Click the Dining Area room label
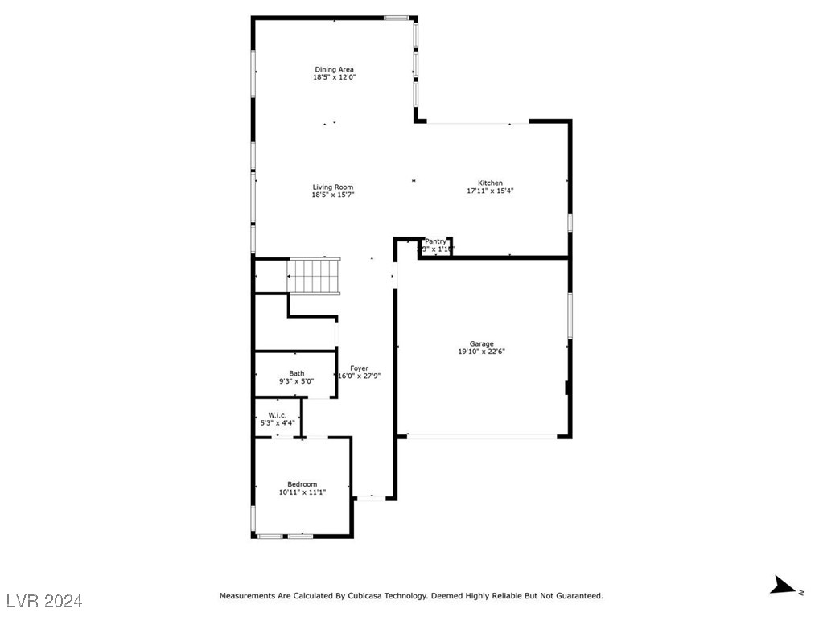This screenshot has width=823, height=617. coord(334,69)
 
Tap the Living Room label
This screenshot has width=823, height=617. coord(333,187)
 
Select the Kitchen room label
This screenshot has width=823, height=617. coord(490,183)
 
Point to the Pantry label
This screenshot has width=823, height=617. coord(435,241)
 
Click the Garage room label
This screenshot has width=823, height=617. coord(482,343)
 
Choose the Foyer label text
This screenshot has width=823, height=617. coord(359,368)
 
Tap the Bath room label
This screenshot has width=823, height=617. coord(297,373)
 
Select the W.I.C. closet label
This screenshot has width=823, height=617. coord(278,415)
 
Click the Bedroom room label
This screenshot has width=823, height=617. coord(302,484)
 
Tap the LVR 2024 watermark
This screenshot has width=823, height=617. coord(45,600)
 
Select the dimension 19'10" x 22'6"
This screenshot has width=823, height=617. coord(482,352)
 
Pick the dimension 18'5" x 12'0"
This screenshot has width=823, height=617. coord(334,77)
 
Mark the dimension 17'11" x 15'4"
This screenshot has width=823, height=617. coord(490,191)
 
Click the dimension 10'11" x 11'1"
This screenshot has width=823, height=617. coord(302,492)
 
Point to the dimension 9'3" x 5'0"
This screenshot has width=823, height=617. coord(297,381)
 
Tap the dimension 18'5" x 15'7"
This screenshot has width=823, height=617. coord(333,195)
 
